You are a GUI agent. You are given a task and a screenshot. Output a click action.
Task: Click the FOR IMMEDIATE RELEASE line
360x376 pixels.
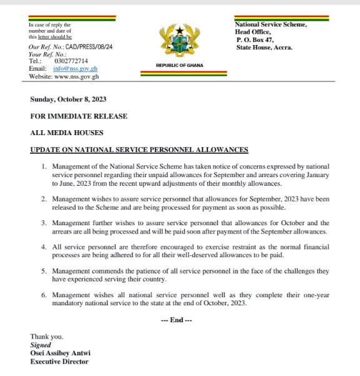(79, 116)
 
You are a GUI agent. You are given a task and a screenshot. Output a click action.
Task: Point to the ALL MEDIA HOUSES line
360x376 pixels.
(67, 133)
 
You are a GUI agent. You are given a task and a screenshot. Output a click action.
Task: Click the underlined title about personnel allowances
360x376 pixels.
(139, 150)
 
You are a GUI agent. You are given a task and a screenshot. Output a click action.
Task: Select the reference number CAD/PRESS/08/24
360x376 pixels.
(92, 46)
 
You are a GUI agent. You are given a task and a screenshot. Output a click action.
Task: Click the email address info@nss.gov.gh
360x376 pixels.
(76, 68)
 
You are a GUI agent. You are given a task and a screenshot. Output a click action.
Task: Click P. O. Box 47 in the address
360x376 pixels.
(255, 39)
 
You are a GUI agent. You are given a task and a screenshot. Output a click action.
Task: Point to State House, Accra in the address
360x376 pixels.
(264, 48)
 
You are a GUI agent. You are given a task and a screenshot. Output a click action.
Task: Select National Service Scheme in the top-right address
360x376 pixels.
(271, 24)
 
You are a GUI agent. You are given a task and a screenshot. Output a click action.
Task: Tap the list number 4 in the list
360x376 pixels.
(44, 247)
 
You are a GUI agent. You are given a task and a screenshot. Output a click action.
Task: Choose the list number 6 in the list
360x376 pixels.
(44, 295)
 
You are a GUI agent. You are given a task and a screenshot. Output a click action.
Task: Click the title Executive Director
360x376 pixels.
(59, 361)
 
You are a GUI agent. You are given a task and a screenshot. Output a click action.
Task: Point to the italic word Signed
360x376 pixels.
(41, 345)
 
